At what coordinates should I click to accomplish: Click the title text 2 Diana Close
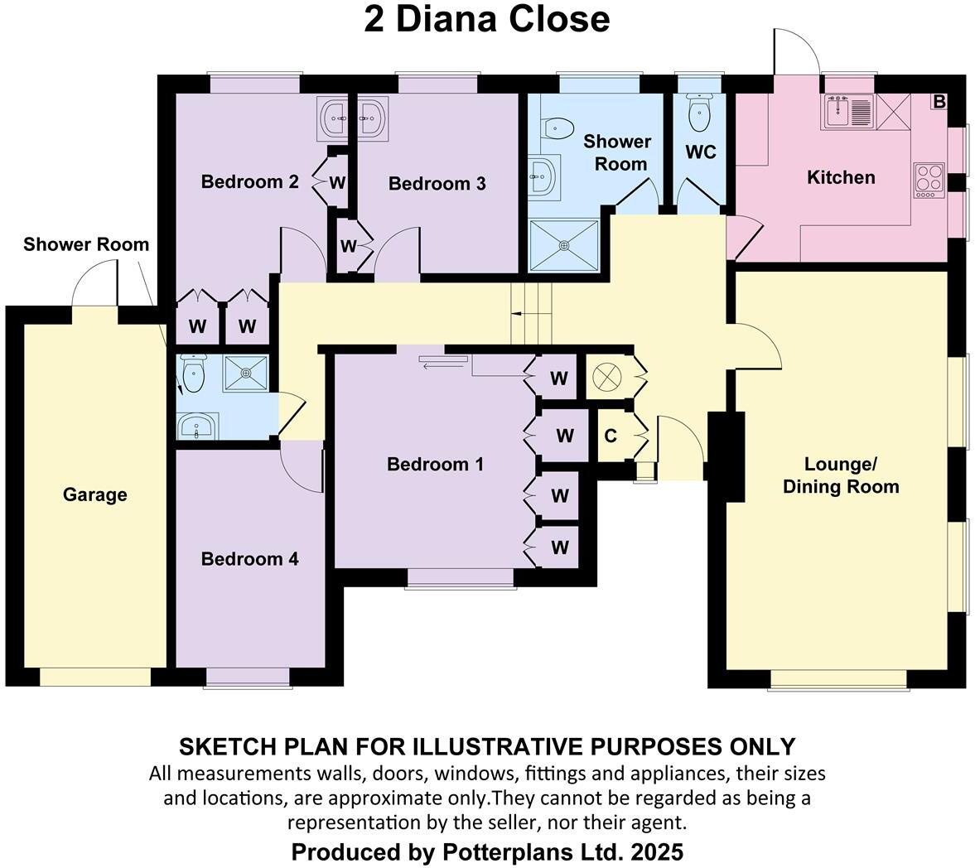pos(486,20)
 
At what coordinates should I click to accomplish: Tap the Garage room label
pos(95,495)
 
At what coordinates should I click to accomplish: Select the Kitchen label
pos(841,177)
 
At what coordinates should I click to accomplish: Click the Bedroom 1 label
pos(435,465)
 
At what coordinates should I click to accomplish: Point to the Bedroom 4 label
pos(249,559)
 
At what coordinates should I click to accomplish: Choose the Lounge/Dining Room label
pos(841,475)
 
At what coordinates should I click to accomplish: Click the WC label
pos(700,152)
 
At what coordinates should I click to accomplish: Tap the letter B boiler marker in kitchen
pos(939,102)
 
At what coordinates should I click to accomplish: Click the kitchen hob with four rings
pos(929,180)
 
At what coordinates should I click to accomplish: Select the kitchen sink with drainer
pos(847,112)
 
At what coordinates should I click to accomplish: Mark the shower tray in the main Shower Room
pos(564,245)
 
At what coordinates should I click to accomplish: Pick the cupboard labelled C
pos(611,436)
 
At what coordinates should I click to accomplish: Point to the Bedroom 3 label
pos(437,184)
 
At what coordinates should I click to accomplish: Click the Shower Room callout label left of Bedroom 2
pos(86,244)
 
